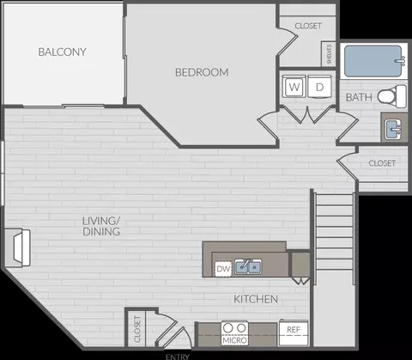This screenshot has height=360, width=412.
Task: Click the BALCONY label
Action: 62,52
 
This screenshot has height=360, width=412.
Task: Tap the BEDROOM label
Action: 202,72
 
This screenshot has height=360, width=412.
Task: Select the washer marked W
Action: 294,87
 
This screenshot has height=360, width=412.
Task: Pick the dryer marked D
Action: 319,87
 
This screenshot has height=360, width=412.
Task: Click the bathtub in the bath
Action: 373,61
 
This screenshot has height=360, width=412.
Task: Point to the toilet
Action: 392,96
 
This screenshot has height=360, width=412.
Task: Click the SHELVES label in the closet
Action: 329,54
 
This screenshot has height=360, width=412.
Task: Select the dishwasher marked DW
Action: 223,269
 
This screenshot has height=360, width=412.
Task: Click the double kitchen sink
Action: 248,266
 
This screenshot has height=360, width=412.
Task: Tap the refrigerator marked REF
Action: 294,333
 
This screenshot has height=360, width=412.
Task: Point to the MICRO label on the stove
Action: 234,340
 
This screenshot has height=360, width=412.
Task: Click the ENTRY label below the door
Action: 178,357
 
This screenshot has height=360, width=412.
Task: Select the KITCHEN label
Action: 256,299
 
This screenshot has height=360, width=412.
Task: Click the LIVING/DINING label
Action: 101,226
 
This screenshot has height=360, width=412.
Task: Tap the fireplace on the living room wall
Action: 18,247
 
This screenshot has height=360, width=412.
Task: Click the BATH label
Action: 359,97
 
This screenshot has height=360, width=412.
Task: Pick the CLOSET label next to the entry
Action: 137,329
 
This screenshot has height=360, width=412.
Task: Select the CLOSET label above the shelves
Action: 308,26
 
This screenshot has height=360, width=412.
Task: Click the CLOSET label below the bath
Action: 382,163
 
